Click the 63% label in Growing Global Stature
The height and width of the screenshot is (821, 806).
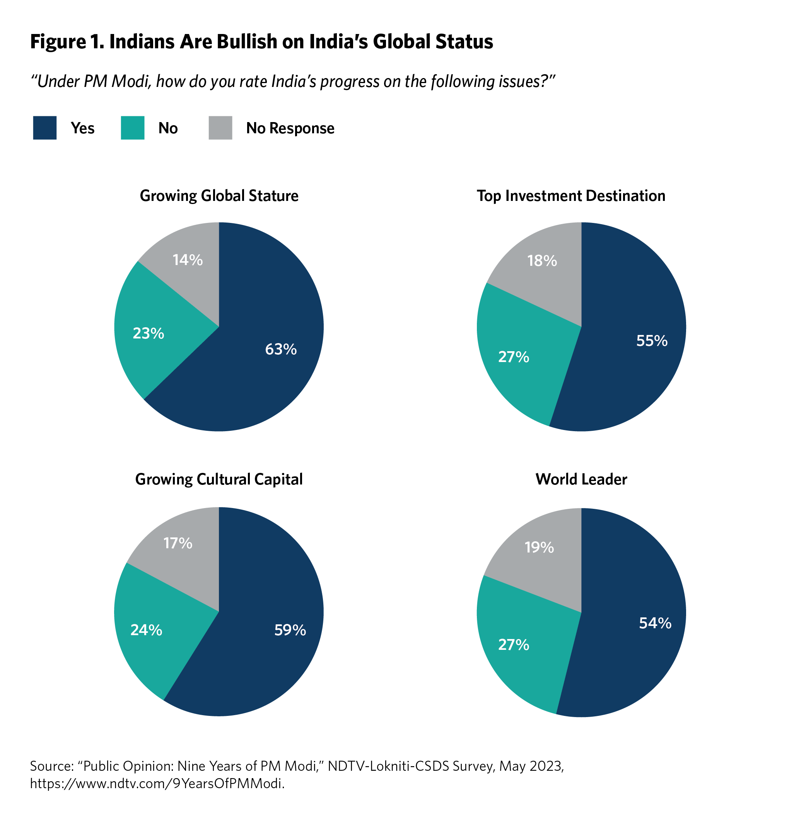point(281,349)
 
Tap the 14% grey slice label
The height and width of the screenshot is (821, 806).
point(188,260)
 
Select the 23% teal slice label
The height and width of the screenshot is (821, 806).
point(148,334)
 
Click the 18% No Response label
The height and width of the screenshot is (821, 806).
point(542,261)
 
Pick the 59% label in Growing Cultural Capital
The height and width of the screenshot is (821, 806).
point(290,630)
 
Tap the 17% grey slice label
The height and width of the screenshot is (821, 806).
point(178,543)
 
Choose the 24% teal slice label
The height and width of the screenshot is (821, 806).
point(146,630)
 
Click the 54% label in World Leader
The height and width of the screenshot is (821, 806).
point(655,623)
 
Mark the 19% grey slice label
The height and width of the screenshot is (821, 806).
point(539,548)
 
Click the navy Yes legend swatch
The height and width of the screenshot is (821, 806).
point(45,128)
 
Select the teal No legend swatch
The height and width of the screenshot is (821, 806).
point(133,128)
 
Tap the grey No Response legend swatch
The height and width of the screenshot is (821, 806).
point(220,128)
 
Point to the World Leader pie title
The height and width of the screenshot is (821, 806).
point(581,479)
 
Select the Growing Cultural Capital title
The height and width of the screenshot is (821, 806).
point(219,479)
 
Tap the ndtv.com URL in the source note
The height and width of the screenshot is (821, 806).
point(157,784)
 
